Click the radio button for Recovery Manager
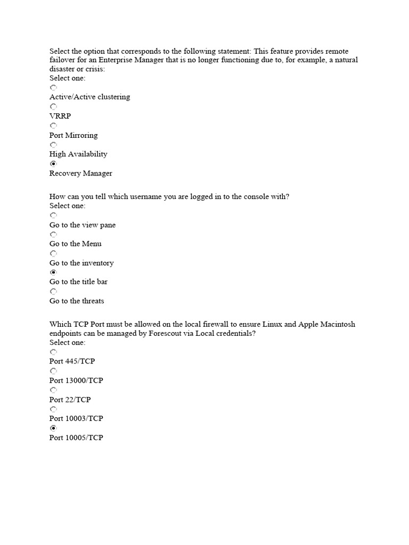pyautogui.click(x=53, y=164)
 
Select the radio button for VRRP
pyautogui.click(x=53, y=106)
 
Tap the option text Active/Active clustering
pyautogui.click(x=89, y=97)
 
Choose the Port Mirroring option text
pyautogui.click(x=73, y=135)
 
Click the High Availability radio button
pyautogui.click(x=53, y=145)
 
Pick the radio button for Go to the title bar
pyautogui.click(x=53, y=272)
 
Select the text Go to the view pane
pyautogui.click(x=83, y=225)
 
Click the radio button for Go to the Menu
pyautogui.click(x=53, y=234)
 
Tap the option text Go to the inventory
pyautogui.click(x=81, y=263)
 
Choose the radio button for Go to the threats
pyautogui.click(x=53, y=292)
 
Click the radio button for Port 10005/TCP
pyautogui.click(x=53, y=428)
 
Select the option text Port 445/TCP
pyautogui.click(x=72, y=361)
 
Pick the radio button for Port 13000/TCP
pyautogui.click(x=53, y=371)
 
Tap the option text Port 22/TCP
pyautogui.click(x=70, y=399)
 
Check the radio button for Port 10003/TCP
pyautogui.click(x=53, y=409)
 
